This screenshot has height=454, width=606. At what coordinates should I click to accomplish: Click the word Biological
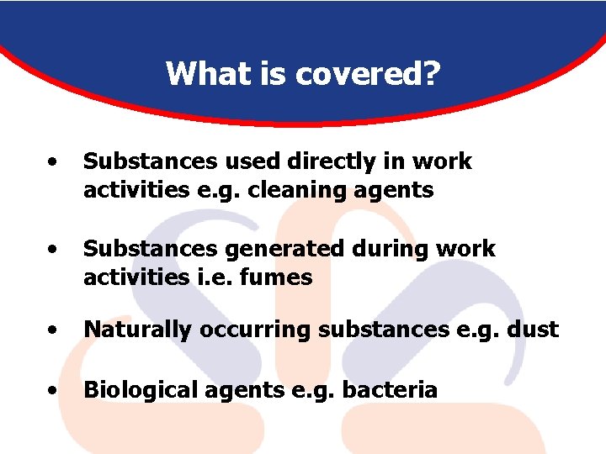[x=140, y=390]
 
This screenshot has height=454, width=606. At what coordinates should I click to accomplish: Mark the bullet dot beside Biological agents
[x=53, y=391]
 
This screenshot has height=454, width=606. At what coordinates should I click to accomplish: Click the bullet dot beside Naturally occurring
[x=53, y=330]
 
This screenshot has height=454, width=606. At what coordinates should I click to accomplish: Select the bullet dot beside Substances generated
[x=53, y=250]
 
